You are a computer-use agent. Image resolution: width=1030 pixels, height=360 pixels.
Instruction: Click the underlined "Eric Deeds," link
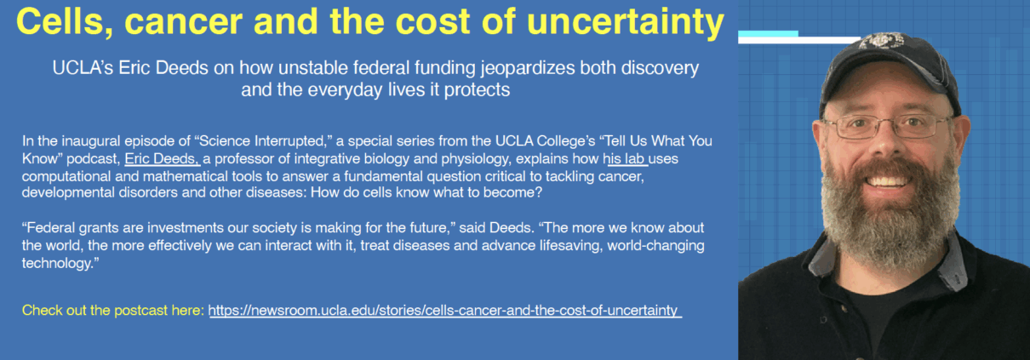162,159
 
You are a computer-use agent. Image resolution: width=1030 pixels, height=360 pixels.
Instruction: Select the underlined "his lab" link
626,159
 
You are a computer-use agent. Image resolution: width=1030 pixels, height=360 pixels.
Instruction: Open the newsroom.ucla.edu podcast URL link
444,311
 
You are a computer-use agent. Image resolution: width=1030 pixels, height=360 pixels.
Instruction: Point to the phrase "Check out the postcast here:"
112,311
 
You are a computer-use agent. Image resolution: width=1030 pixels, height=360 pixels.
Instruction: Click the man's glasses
885,128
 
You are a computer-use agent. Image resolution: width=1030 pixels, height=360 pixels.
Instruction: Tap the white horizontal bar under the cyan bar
817,40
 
